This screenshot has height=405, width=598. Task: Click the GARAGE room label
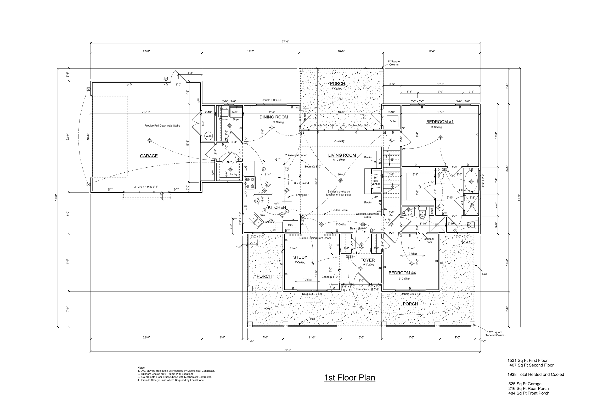tap(149, 156)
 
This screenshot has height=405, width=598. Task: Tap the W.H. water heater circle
tap(208, 136)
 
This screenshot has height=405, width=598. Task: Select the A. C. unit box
tap(392, 121)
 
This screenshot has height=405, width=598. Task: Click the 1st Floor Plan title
tap(349, 377)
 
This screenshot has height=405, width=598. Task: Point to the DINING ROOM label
tap(274, 117)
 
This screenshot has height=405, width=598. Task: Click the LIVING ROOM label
tap(342, 155)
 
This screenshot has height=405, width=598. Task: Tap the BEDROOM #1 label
tap(439, 122)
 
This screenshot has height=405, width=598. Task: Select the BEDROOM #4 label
tap(402, 273)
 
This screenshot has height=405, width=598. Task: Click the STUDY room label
tap(300, 257)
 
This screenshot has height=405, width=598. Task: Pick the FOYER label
tap(368, 260)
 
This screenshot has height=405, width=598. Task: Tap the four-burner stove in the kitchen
tap(250, 183)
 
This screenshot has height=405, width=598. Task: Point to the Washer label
tap(224, 119)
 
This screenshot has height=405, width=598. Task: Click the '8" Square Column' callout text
tap(394, 63)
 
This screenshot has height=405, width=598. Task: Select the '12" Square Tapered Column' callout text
tap(495, 333)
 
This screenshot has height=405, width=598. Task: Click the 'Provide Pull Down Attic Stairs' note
tap(162, 125)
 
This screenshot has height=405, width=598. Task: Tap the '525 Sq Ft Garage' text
tap(525, 384)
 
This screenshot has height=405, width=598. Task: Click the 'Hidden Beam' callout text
tap(339, 210)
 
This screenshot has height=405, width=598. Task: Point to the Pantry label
tap(233, 174)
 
